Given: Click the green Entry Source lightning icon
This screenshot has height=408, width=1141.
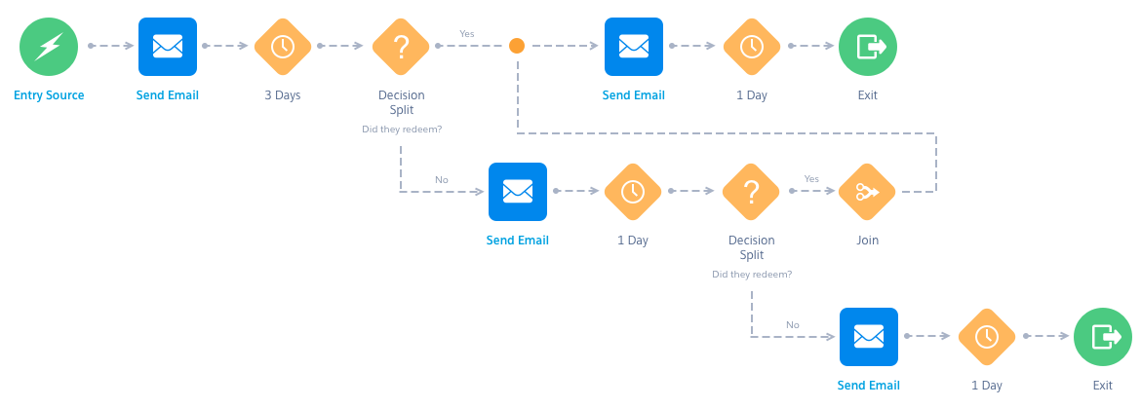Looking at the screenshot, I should click(49, 46).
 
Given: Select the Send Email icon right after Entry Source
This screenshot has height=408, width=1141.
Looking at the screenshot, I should click(167, 46).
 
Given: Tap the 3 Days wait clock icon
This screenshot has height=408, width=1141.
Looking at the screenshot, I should click(283, 46).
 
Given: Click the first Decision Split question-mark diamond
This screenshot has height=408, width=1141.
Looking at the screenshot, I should click(401, 46).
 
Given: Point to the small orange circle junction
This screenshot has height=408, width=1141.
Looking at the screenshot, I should click(517, 46).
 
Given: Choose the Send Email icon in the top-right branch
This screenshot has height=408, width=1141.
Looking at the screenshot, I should click(634, 46).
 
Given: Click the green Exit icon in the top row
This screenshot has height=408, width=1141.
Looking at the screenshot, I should click(868, 46).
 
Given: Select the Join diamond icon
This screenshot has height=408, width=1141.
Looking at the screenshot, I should click(868, 192).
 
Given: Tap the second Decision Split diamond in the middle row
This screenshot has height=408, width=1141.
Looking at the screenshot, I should click(751, 192).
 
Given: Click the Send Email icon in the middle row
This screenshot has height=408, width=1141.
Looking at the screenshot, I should click(517, 192).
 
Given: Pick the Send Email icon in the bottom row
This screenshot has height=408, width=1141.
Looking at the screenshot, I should click(868, 337).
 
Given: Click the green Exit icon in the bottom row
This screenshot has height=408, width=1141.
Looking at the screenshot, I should click(1103, 337).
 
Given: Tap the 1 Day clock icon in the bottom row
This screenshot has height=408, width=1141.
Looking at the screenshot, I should click(986, 337).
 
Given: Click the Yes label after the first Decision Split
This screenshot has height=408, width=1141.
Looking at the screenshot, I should click(467, 33).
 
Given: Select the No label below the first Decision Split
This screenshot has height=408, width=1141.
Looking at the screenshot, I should click(442, 179).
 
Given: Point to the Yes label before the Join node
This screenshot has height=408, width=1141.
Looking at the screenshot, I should click(810, 179).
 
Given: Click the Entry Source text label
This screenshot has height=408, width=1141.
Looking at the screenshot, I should click(49, 95).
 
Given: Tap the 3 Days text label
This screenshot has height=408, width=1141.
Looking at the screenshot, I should click(283, 95).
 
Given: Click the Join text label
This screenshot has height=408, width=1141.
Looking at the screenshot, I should click(868, 241).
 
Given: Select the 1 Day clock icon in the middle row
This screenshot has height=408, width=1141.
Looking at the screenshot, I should click(633, 192).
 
